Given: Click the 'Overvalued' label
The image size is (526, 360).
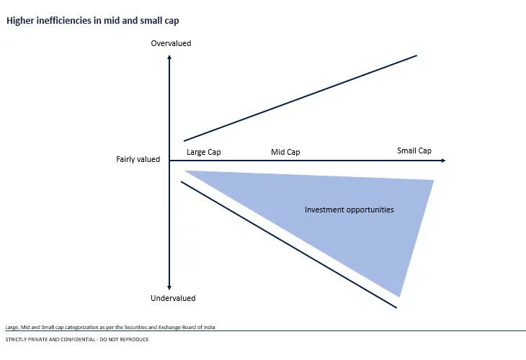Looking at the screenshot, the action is pos(171,44).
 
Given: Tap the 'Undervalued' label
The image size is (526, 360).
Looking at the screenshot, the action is pos(173,298).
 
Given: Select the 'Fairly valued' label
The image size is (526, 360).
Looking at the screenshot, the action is pos(138,160).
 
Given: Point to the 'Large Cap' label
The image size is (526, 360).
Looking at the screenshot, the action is pos(204,152).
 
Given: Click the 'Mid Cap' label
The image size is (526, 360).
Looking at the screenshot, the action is pos(285,152).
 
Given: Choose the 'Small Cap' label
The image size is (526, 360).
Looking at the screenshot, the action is pos(414,150).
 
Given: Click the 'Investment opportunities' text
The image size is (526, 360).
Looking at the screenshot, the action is pos(349,210).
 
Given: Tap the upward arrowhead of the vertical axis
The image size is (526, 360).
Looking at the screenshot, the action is pos(169,58).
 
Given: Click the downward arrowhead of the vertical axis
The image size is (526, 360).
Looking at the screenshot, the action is pos(169,287).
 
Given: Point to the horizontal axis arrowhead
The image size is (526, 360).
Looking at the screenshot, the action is pos(443,161).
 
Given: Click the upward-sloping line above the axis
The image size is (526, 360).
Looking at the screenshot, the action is pos(300,98).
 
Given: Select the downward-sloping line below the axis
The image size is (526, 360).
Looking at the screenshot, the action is pos(289,245).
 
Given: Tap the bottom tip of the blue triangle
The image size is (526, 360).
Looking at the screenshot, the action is pos(399,297).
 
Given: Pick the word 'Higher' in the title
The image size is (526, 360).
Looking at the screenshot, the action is pos(20,21).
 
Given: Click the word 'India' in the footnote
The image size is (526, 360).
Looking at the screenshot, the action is pos(210,327).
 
